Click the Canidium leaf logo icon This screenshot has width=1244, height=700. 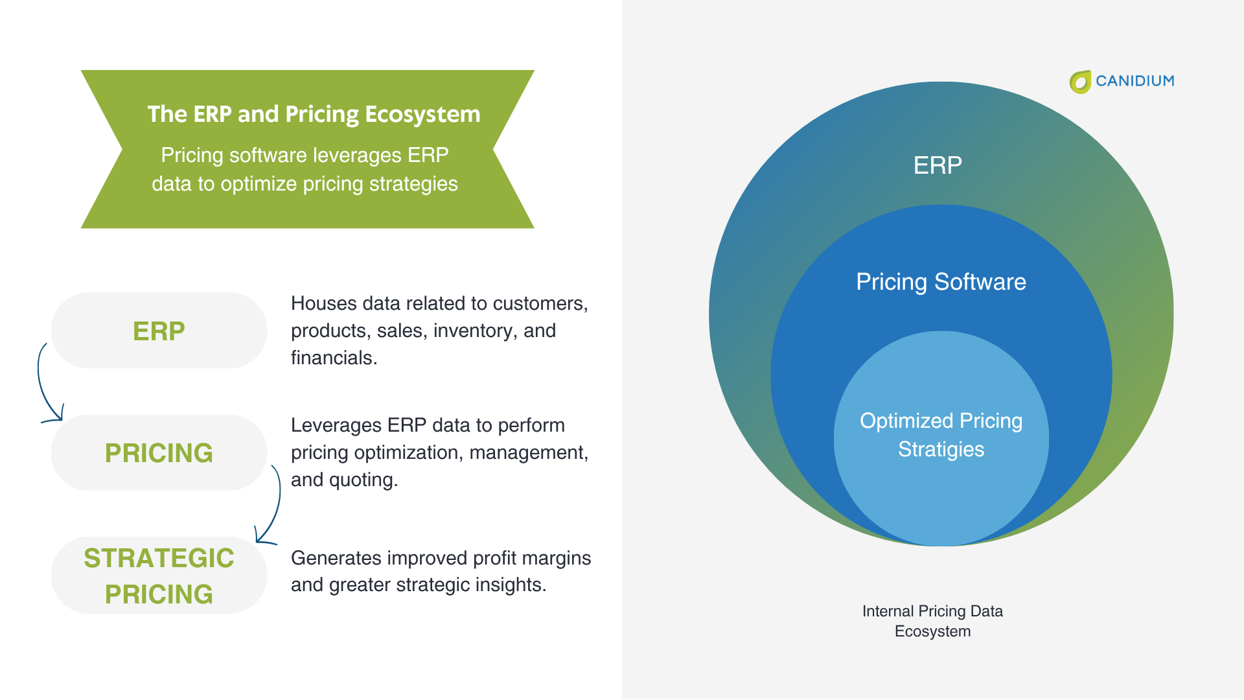point(1080,82)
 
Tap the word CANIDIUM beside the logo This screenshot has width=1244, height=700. point(1135,81)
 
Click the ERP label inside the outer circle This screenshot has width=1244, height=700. point(937,165)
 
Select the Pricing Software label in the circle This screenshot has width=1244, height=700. point(940,282)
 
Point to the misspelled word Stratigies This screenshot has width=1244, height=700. point(940,449)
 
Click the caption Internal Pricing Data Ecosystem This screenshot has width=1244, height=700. point(932,621)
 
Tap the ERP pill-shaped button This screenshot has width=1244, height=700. point(159,331)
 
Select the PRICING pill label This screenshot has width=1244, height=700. point(159,452)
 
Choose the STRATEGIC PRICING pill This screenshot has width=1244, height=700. point(159,576)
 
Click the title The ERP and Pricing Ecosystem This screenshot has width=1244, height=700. point(314,114)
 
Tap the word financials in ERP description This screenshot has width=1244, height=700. point(333,358)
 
